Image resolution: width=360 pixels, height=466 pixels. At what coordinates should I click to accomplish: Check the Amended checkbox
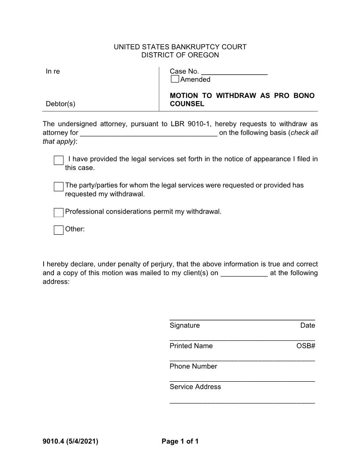(x=175, y=79)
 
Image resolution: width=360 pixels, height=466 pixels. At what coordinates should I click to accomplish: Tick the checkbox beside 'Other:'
(x=59, y=230)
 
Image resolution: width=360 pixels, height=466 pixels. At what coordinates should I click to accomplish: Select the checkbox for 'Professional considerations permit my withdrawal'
(x=59, y=213)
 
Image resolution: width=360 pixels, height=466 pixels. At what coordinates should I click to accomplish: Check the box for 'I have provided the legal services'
(x=59, y=160)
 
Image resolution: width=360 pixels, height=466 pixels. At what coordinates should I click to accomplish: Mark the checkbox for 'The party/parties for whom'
(x=59, y=187)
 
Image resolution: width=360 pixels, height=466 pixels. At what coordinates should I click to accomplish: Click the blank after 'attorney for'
(x=148, y=133)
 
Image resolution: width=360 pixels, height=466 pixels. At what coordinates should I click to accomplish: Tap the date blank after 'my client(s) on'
(x=244, y=274)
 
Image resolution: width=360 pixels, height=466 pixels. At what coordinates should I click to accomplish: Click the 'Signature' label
(x=184, y=326)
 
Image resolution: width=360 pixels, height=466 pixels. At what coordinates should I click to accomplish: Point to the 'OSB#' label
(x=306, y=346)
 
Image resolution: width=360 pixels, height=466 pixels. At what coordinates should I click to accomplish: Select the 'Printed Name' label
(x=191, y=346)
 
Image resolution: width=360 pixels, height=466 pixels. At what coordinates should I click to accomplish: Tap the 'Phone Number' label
(x=193, y=366)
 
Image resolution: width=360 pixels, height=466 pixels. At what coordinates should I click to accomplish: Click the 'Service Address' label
(x=195, y=387)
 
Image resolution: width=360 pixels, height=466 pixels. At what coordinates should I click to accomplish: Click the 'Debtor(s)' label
(x=60, y=104)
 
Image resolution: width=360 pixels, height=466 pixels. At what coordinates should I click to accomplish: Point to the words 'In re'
(x=52, y=71)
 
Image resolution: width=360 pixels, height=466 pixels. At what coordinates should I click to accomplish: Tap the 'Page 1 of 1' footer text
(x=180, y=441)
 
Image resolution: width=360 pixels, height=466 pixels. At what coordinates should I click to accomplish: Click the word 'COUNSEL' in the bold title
(x=187, y=104)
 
